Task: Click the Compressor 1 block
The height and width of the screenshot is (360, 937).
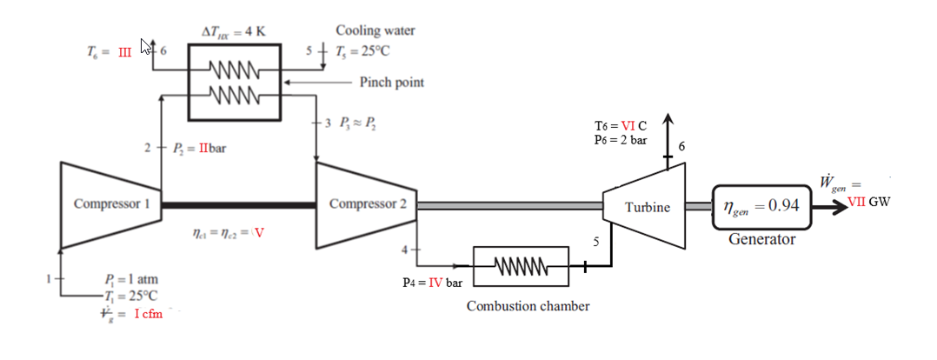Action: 109,205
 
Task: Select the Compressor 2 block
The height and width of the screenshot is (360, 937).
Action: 365,205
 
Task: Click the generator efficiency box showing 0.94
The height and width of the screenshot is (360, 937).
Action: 761,207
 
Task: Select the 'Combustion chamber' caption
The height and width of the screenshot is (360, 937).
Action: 528,306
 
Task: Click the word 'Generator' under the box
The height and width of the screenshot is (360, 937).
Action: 761,238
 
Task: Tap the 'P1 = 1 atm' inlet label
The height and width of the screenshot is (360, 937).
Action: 130,280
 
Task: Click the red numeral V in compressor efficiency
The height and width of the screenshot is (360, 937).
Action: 259,233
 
